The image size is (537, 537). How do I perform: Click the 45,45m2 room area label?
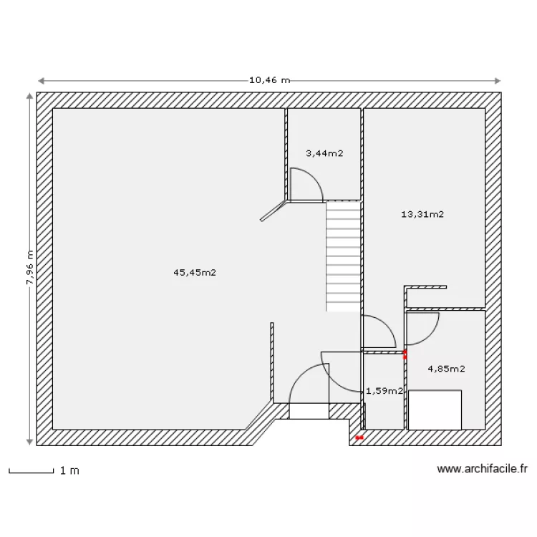195,273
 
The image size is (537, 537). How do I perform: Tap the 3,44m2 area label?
324,153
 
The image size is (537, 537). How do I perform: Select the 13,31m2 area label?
422,214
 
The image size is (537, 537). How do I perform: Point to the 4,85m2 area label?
446,369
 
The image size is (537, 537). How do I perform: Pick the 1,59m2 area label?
384,391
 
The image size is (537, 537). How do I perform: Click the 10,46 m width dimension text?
269,80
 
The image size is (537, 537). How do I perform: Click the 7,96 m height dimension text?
30,268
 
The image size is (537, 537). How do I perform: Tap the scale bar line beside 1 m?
32,473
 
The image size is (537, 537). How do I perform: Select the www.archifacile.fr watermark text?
482,468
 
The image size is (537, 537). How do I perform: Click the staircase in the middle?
343,256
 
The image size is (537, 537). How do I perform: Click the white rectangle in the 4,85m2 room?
435,410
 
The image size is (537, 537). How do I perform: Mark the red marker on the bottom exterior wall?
359,437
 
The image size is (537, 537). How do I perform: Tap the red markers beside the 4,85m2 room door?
405,354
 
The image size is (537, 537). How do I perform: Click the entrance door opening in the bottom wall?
309,411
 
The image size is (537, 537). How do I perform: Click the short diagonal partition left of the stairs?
273,211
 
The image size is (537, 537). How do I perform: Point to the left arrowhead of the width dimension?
41,81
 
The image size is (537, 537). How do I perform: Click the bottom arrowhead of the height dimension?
30,442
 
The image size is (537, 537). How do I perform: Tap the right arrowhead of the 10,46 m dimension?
498,81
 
